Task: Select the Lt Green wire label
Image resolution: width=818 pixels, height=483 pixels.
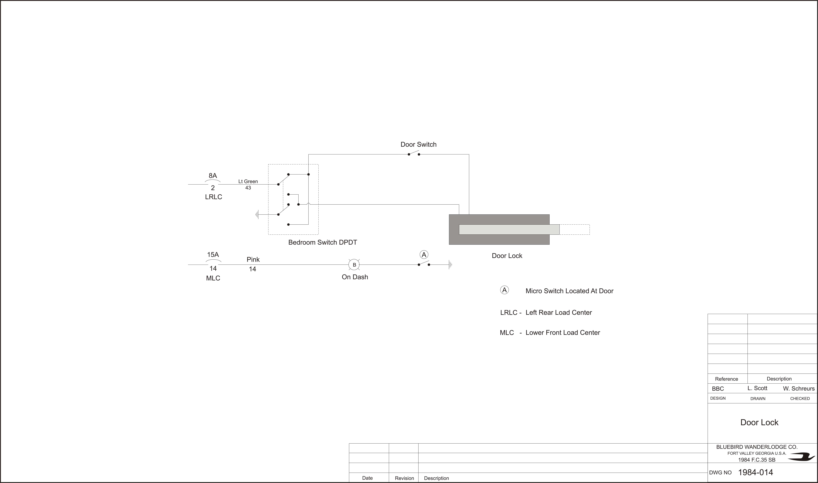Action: click(248, 181)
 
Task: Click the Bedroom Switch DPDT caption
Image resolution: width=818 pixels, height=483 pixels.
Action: click(323, 243)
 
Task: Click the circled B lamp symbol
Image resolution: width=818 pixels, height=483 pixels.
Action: click(354, 265)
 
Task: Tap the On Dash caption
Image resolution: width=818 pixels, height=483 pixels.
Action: click(355, 277)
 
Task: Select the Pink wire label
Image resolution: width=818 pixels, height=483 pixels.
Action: click(253, 259)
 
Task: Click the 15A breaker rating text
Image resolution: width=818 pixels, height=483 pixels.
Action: click(213, 255)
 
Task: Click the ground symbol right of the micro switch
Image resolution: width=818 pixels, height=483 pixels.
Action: click(450, 265)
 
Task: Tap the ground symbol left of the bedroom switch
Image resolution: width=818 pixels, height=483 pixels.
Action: click(257, 215)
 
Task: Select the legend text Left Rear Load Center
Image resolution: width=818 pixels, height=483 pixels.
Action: click(559, 312)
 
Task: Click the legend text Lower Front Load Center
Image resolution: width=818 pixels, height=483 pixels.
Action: click(563, 333)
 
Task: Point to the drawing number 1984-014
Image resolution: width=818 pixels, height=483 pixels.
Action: click(755, 472)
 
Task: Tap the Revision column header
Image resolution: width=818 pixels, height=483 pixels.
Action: click(404, 478)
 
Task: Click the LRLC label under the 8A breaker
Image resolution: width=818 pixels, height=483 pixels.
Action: click(214, 197)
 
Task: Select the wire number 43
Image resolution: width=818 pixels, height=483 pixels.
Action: click(248, 188)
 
